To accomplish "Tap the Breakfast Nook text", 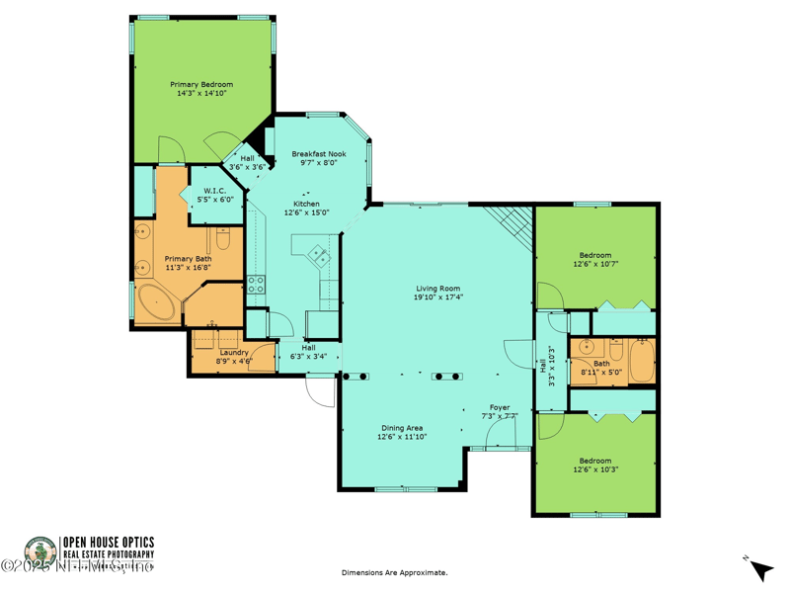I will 318,155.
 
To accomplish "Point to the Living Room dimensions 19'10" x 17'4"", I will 437,296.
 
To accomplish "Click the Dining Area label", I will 402,428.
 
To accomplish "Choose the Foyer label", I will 500,408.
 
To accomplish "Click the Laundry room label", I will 234,352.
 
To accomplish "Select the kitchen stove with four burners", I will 256,285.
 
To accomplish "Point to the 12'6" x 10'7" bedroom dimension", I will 594,264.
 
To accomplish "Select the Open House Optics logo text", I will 108,542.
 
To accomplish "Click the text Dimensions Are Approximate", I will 394,572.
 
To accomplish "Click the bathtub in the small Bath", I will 641,361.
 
